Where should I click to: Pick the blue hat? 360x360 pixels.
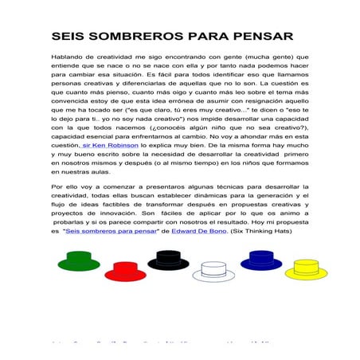click(x=260, y=259)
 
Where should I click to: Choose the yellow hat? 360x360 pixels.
click(x=306, y=269)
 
